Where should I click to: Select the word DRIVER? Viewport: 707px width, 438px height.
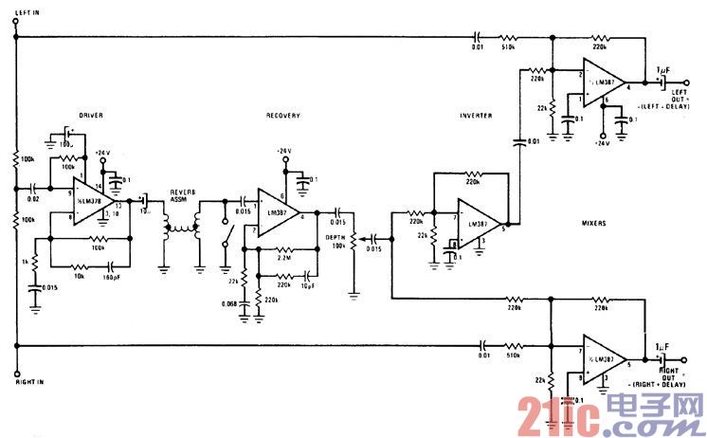pos(92,115)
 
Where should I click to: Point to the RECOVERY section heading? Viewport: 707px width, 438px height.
pos(282,115)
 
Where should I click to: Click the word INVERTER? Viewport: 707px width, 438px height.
pos(475,115)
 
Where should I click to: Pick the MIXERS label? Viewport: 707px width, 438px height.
pos(594,226)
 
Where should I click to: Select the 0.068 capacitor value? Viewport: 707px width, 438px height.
pos(227,302)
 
